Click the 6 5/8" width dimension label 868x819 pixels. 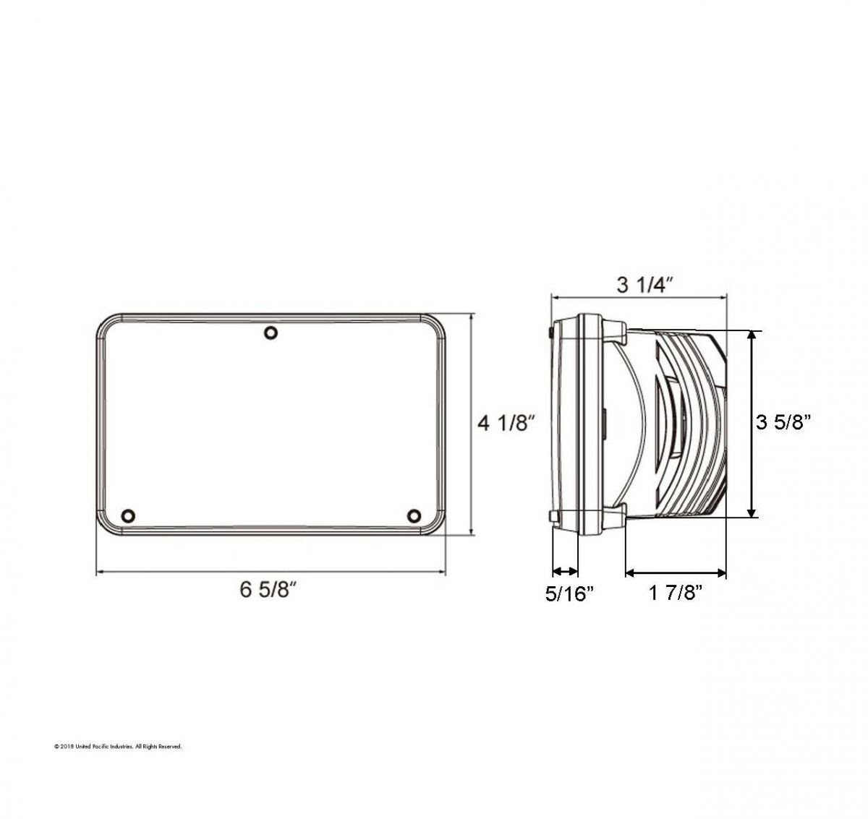tap(269, 591)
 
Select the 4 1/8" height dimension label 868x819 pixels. tap(506, 424)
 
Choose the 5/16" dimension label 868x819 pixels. tap(569, 594)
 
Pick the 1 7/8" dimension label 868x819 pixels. tap(676, 594)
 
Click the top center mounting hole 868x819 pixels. tap(271, 333)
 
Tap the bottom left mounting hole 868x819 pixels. tap(129, 515)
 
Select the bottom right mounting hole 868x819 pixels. tap(414, 515)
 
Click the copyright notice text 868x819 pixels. tap(118, 746)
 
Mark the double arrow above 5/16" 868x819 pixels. tap(565, 569)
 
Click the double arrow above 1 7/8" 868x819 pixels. tap(676, 573)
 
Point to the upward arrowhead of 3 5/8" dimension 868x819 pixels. tap(753, 335)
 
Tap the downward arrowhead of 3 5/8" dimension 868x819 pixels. tap(753, 512)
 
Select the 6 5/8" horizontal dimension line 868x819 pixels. tap(271, 573)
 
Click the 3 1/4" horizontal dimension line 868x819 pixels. tap(639, 296)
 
